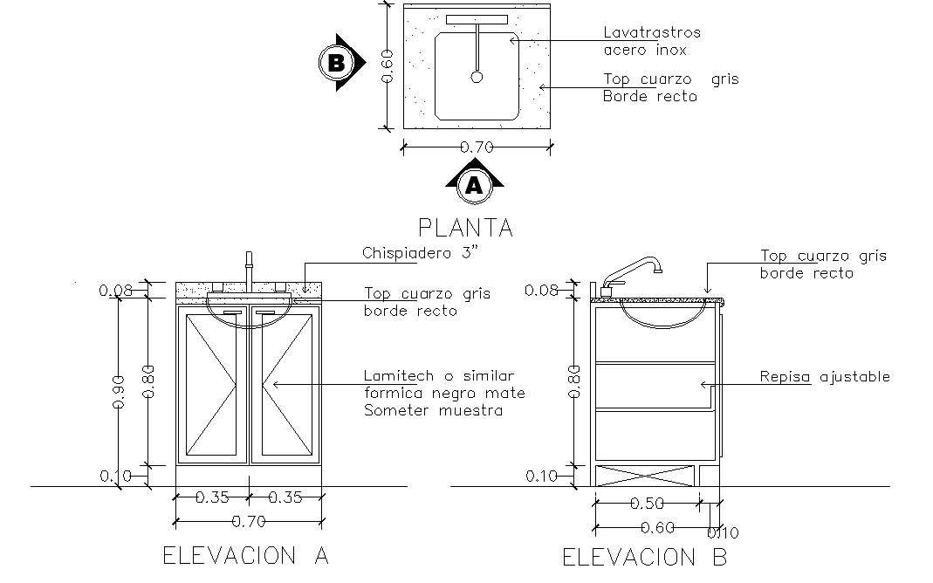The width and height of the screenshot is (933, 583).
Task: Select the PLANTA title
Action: (x=465, y=228)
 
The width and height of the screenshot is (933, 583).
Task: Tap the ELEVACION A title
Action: (x=246, y=555)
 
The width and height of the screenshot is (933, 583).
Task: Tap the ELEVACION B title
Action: (x=644, y=557)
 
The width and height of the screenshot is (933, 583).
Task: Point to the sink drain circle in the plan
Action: (x=477, y=78)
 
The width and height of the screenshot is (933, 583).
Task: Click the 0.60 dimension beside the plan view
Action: (x=389, y=64)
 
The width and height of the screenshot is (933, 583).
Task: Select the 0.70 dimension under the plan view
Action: (x=477, y=147)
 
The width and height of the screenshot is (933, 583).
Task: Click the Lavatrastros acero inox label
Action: (x=651, y=41)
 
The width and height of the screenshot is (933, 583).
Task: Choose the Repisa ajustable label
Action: (x=824, y=377)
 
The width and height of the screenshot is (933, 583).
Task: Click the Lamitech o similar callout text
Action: (x=443, y=393)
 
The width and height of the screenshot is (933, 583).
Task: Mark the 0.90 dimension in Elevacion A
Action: (x=119, y=390)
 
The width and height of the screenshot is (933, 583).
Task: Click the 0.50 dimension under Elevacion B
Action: (x=647, y=503)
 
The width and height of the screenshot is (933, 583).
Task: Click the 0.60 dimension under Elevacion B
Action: (x=657, y=527)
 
